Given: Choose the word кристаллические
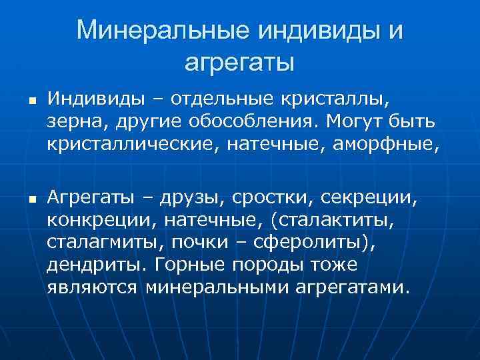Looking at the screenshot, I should pyautogui.click(x=137, y=145).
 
